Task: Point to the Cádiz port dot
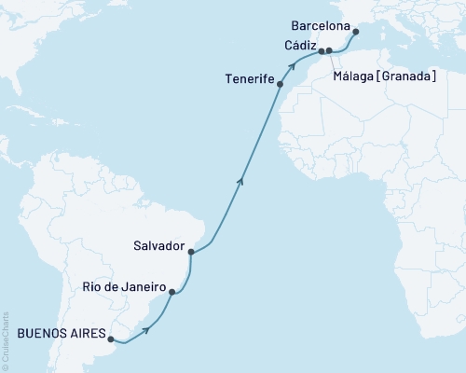click(x=322, y=50)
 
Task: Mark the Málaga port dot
click(x=330, y=50)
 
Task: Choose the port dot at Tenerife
click(x=281, y=83)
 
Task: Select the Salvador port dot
click(x=190, y=251)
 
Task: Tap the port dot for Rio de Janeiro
click(x=171, y=292)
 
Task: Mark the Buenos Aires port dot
click(x=111, y=338)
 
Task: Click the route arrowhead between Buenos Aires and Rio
click(x=146, y=328)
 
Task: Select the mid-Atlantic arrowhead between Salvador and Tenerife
click(x=240, y=181)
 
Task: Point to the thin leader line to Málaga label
click(x=332, y=62)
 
